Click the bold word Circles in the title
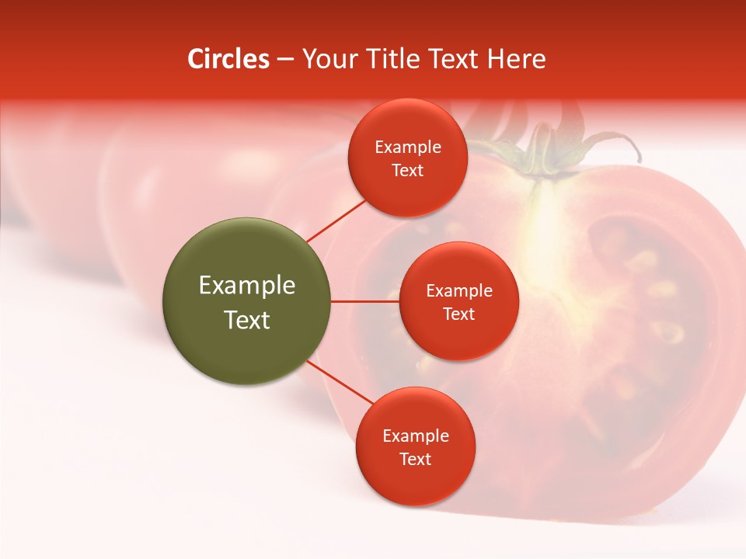228,59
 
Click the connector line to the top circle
336,220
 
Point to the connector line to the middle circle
365,301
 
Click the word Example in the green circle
247,286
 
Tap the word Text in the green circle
247,320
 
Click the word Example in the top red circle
408,148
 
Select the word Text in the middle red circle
458,314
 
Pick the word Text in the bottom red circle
415,459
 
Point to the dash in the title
285,60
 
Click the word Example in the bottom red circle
416,436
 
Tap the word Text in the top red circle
407,170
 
